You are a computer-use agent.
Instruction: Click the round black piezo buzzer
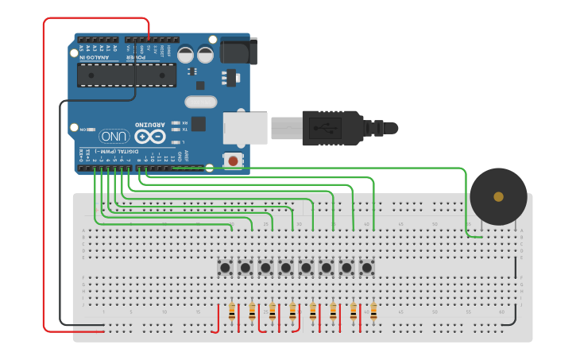(x=498, y=196)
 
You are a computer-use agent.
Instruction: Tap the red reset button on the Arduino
(x=233, y=161)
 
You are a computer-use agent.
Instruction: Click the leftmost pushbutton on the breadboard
(x=225, y=268)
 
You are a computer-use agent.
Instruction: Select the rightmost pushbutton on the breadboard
(x=366, y=268)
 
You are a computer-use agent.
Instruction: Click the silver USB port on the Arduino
(x=245, y=127)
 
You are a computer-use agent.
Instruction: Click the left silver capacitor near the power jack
(x=185, y=54)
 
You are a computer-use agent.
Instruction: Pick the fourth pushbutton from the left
(x=285, y=268)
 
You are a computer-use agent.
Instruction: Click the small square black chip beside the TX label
(x=198, y=123)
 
